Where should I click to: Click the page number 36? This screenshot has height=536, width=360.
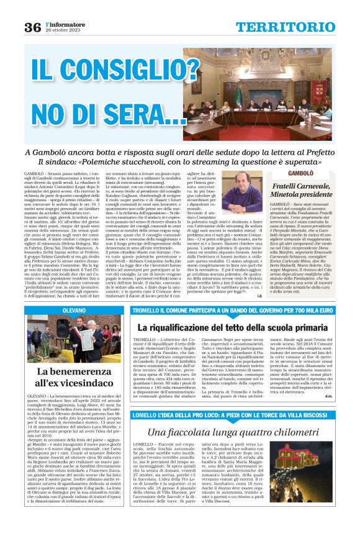pyautogui.click(x=32, y=27)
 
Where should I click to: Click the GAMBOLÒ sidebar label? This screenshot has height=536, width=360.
pyautogui.click(x=287, y=173)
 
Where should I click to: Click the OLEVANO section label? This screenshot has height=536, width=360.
pyautogui.click(x=74, y=309)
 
